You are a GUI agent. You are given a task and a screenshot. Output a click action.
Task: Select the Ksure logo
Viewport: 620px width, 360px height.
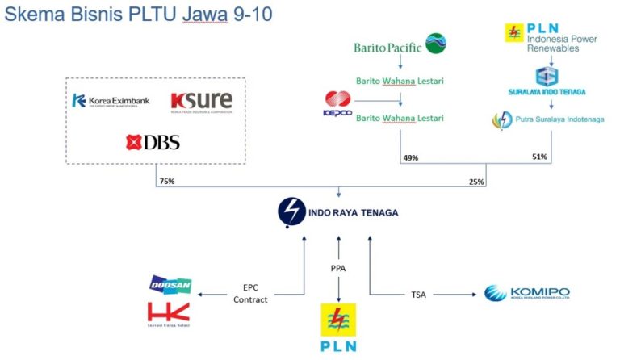point(201,101)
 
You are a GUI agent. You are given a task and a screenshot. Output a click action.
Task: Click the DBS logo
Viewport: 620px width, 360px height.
point(153,143)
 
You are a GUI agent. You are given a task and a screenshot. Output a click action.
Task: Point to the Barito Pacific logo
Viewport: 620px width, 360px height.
point(400,46)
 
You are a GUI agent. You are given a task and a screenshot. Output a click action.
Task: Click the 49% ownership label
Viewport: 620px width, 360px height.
point(410,157)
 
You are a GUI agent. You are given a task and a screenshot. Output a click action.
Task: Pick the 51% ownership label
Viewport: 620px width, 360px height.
point(539,157)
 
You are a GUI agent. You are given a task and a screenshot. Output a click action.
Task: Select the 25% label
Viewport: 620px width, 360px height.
point(476,182)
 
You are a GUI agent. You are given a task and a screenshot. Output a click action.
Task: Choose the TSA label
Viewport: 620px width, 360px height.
point(417,294)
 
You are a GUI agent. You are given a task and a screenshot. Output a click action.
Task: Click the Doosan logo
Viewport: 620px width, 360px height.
point(170,284)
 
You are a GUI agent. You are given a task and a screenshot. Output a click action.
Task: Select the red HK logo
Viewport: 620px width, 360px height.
point(170,313)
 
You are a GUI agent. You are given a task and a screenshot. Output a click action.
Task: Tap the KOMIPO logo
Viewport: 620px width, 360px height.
point(526,293)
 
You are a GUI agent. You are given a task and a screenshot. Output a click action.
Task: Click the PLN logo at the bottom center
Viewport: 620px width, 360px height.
point(338,329)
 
